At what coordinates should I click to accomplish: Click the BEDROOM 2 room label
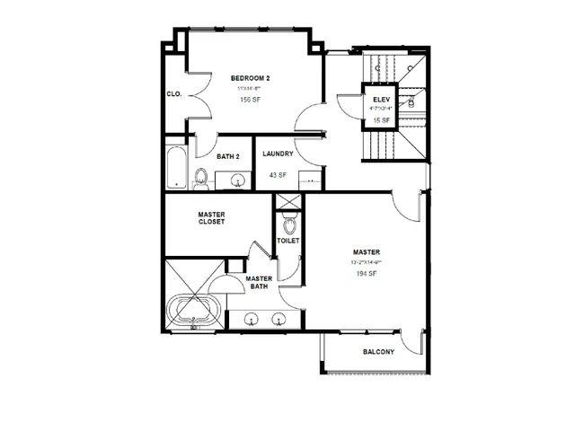click(x=250, y=78)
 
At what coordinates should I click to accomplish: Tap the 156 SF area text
click(x=250, y=100)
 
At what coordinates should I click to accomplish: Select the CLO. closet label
click(x=174, y=93)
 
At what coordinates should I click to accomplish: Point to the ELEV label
click(x=379, y=98)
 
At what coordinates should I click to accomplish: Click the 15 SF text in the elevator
click(x=379, y=119)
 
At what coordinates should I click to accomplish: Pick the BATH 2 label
click(x=227, y=156)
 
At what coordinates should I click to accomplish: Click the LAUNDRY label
click(x=278, y=154)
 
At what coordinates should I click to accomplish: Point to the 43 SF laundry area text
click(x=278, y=175)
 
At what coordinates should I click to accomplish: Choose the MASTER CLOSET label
click(x=211, y=218)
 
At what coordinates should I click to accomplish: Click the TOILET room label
click(x=288, y=241)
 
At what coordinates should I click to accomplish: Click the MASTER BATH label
click(x=260, y=283)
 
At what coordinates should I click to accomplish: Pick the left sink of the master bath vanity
click(x=252, y=318)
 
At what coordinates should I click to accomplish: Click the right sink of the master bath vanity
click(x=279, y=318)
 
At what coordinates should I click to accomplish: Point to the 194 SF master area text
click(x=367, y=273)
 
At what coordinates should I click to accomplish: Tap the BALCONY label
click(x=378, y=352)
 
